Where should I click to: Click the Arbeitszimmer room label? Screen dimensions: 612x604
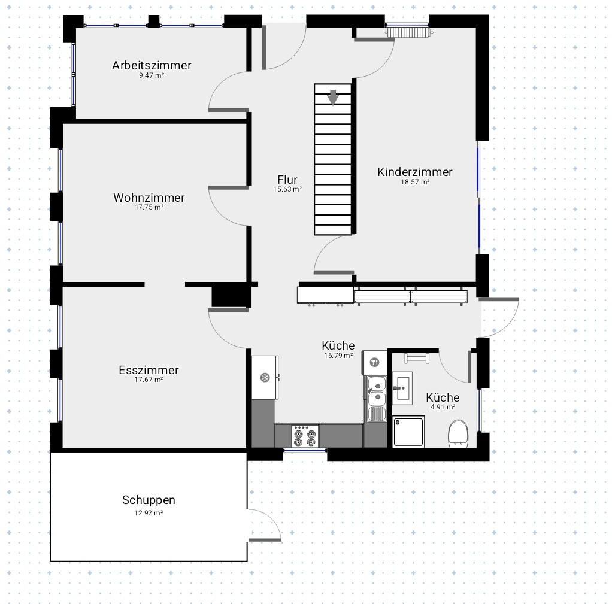click(152, 65)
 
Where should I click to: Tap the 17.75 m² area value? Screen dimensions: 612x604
click(149, 207)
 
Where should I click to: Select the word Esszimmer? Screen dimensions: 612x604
click(149, 370)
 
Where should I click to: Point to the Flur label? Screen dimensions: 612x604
click(287, 180)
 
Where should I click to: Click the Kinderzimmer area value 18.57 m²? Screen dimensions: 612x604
click(415, 182)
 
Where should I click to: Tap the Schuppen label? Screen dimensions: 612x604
click(149, 500)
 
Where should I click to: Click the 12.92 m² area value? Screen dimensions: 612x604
click(149, 512)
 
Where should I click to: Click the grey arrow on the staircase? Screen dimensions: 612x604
click(332, 98)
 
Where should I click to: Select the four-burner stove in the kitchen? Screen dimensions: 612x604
click(305, 436)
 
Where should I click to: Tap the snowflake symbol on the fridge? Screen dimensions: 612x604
click(265, 377)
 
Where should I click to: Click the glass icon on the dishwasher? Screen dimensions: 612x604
click(374, 363)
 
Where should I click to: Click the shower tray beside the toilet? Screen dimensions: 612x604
click(408, 432)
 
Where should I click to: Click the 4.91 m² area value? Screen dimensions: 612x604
click(443, 407)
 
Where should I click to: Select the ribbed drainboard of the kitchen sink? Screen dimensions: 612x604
click(377, 414)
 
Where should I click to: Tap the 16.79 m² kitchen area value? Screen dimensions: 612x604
click(338, 356)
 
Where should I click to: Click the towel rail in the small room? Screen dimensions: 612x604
click(416, 358)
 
